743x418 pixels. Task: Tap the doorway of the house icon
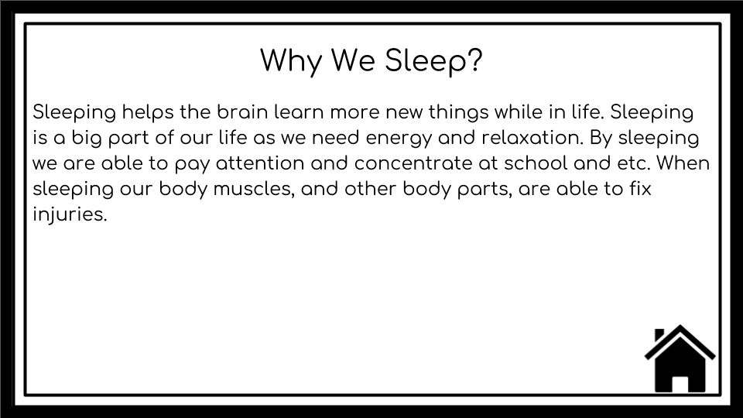[680, 382]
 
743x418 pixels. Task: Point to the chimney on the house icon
[659, 334]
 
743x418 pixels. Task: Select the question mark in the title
[474, 61]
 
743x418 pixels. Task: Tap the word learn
[298, 112]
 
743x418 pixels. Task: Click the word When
[683, 165]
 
